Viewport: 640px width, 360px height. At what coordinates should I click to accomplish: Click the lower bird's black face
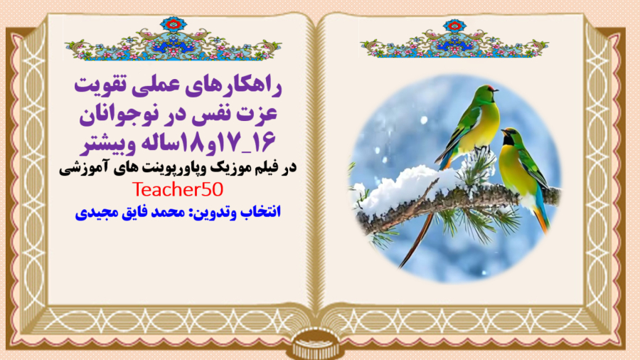pyautogui.click(x=509, y=136)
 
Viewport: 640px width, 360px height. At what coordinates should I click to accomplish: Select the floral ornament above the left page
pyautogui.click(x=173, y=42)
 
